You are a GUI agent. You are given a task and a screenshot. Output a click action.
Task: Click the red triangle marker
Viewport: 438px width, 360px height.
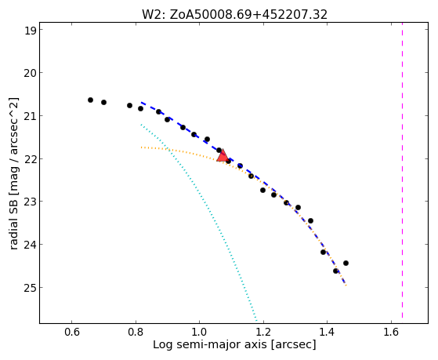[223, 156]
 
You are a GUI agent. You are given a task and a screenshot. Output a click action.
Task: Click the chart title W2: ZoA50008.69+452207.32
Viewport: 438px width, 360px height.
[234, 15]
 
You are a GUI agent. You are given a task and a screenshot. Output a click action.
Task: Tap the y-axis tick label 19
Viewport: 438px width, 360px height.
[31, 31]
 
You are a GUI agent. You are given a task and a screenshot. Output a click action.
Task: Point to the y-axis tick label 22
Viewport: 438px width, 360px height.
[31, 158]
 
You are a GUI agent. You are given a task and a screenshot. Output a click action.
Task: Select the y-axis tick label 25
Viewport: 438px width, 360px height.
[31, 287]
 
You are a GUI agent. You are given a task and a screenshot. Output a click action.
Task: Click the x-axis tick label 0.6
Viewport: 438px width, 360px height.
[72, 332]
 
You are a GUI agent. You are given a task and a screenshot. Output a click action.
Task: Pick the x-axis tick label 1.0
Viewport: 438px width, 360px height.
[200, 332]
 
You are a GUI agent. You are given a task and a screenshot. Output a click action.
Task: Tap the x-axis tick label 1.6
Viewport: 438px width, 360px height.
[391, 332]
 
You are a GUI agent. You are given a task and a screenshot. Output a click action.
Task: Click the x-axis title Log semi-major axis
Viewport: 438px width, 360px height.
[210, 344]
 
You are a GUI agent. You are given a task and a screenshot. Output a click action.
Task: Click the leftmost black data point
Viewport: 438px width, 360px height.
[90, 100]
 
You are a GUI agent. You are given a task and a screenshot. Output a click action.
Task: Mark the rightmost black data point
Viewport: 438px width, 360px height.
[346, 263]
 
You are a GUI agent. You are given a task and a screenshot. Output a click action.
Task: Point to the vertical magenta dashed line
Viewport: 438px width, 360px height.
[402, 170]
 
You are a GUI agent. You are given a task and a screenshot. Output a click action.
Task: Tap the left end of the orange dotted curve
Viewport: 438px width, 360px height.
[141, 147]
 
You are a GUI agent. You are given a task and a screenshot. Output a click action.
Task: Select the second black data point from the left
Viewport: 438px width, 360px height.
[103, 103]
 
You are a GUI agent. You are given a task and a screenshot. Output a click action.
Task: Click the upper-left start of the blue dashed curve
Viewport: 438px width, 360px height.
[141, 103]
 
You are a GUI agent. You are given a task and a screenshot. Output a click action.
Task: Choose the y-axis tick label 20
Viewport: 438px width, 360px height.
[31, 73]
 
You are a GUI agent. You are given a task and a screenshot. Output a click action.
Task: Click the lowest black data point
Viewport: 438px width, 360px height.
[335, 271]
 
